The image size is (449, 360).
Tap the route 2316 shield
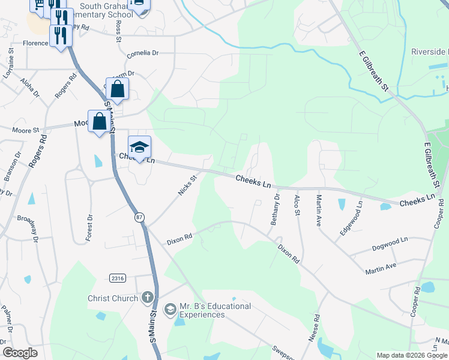(x=118, y=277)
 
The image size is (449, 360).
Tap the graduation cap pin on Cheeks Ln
(x=139, y=148)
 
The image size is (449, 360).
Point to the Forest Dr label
(x=89, y=228)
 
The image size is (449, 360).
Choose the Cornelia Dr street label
(x=142, y=53)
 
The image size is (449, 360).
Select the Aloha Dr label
(x=29, y=87)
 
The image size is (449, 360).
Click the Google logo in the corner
(x=20, y=353)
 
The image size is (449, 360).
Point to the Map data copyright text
(x=412, y=355)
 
